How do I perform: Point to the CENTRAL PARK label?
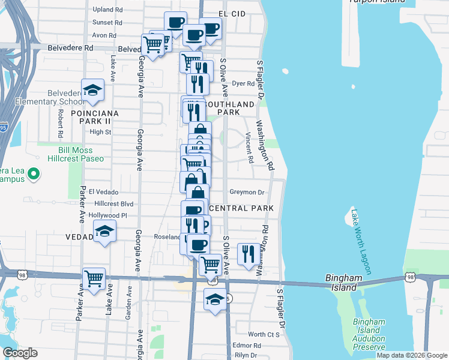click(243, 208)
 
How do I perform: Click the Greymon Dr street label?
click(247, 193)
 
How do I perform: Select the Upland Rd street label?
click(108, 10)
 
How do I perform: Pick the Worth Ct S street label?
click(264, 334)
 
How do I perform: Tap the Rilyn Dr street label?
click(246, 355)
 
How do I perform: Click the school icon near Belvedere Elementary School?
click(93, 90)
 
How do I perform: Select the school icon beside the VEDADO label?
click(104, 232)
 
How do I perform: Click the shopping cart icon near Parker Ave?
click(94, 278)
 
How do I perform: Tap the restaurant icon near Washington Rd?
click(247, 253)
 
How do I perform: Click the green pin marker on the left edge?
click(34, 175)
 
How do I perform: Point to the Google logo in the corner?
click(20, 353)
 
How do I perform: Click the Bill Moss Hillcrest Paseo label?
click(81, 154)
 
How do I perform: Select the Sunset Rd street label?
click(107, 23)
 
